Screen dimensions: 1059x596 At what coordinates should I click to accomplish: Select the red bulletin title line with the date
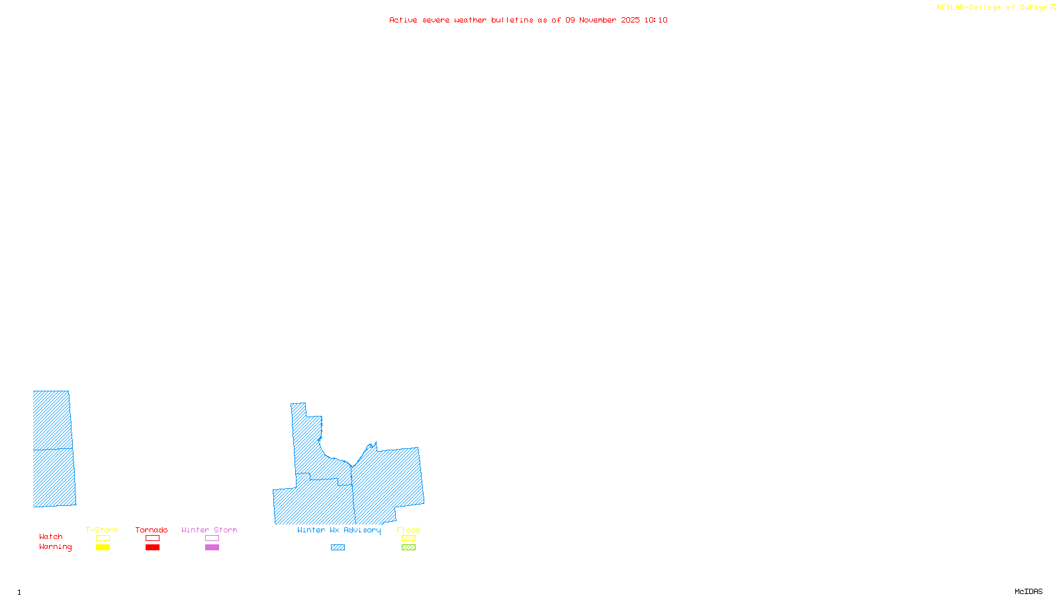pyautogui.click(x=528, y=21)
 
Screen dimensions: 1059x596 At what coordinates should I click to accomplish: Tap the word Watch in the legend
pyautogui.click(x=51, y=537)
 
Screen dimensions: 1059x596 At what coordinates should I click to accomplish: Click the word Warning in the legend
pyautogui.click(x=56, y=547)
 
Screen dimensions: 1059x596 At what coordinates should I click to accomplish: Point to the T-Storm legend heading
pyautogui.click(x=102, y=530)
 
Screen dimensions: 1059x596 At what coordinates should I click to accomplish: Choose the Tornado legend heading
pyautogui.click(x=152, y=530)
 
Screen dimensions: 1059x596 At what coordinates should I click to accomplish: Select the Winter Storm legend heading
pyautogui.click(x=209, y=530)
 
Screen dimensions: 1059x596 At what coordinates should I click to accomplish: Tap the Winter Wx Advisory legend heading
pyautogui.click(x=339, y=530)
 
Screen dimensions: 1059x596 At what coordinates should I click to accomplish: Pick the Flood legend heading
pyautogui.click(x=408, y=530)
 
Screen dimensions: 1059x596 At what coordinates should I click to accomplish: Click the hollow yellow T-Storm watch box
pyautogui.click(x=103, y=538)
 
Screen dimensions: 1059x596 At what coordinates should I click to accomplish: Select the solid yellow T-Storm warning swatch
pyautogui.click(x=103, y=548)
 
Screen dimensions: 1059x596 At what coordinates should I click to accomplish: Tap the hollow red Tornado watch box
pyautogui.click(x=152, y=538)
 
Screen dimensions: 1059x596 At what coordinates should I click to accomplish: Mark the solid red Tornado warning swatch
pyautogui.click(x=152, y=548)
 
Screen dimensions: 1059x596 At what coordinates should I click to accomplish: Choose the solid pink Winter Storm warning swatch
pyautogui.click(x=212, y=548)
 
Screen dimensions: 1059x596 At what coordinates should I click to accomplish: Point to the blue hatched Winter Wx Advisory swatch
pyautogui.click(x=338, y=548)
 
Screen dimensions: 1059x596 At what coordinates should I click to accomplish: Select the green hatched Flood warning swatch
pyautogui.click(x=408, y=548)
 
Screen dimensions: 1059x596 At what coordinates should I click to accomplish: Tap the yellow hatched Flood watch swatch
pyautogui.click(x=408, y=538)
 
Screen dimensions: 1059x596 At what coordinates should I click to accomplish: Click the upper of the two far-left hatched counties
pyautogui.click(x=52, y=420)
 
